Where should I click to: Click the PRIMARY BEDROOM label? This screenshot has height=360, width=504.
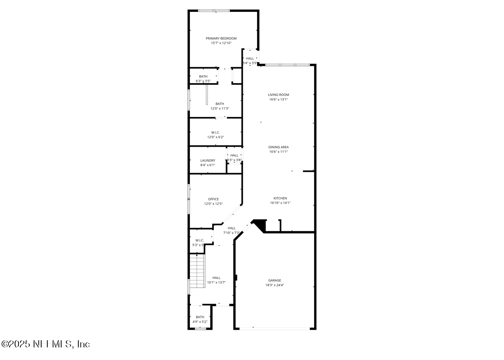click(x=221, y=38)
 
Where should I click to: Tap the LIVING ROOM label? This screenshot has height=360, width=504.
click(x=278, y=95)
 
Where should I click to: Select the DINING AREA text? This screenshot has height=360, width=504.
click(x=278, y=147)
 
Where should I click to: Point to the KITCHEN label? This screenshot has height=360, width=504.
click(x=280, y=198)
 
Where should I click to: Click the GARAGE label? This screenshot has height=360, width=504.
click(x=275, y=280)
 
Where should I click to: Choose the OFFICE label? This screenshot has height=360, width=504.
click(x=213, y=199)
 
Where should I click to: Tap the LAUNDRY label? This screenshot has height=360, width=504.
click(x=207, y=160)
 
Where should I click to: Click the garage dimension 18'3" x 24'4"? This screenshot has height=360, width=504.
click(x=275, y=285)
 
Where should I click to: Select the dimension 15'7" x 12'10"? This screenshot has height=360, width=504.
click(x=221, y=43)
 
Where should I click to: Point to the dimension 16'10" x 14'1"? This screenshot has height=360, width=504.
click(x=280, y=203)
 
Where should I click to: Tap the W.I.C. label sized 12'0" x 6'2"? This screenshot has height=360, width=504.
click(x=215, y=132)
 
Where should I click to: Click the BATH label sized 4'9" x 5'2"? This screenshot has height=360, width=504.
click(x=200, y=317)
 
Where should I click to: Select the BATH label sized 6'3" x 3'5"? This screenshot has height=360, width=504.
click(x=203, y=76)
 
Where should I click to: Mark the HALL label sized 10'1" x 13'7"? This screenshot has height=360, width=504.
click(x=216, y=278)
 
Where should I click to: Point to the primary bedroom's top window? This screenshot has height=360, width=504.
click(x=214, y=11)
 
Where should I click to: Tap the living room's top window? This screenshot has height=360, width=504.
click(x=287, y=65)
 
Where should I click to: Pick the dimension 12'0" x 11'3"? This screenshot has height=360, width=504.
click(x=220, y=108)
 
